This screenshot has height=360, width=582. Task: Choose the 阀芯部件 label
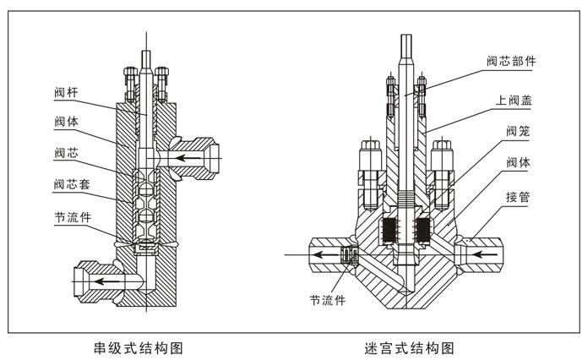(511, 61)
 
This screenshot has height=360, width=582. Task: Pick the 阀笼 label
(518, 131)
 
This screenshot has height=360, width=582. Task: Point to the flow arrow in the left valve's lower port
(106, 278)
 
